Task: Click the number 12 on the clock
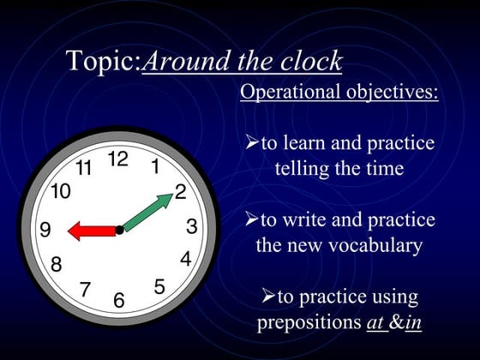(x=118, y=159)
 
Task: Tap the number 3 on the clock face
(x=192, y=226)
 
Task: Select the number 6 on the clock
(x=119, y=301)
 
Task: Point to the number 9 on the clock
(x=45, y=230)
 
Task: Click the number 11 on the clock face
(x=83, y=168)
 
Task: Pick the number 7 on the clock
(x=85, y=290)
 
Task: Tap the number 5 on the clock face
(x=159, y=287)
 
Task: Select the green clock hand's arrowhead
(x=164, y=201)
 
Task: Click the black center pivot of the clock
(x=120, y=230)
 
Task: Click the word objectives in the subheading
(x=391, y=93)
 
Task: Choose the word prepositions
(x=303, y=323)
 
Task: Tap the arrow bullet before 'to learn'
(x=252, y=142)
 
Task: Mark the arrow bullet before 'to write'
(x=252, y=220)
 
